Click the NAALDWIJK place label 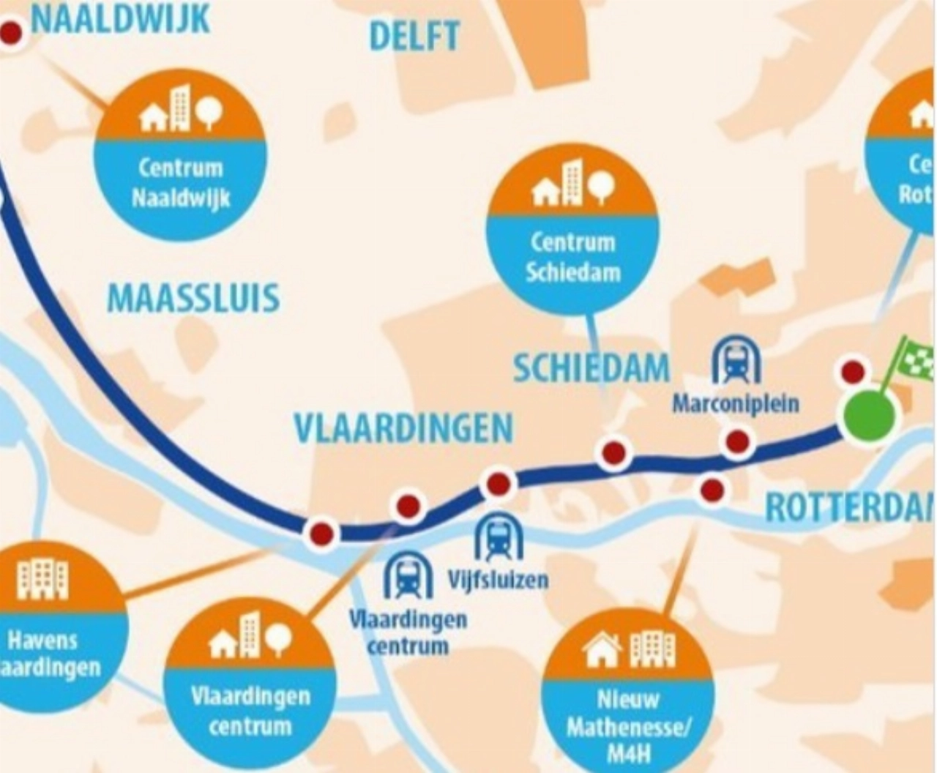(x=120, y=19)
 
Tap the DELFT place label (x=414, y=36)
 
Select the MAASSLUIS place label (x=193, y=299)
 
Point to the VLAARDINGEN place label (x=403, y=427)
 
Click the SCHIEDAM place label (x=591, y=367)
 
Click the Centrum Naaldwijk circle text (x=181, y=183)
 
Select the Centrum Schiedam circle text (x=573, y=257)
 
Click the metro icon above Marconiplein (x=736, y=360)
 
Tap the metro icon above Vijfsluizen (x=499, y=538)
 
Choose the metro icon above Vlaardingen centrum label (x=408, y=575)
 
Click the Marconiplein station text (x=736, y=403)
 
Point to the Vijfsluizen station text (x=498, y=580)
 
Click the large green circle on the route (x=869, y=414)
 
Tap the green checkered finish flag (x=915, y=358)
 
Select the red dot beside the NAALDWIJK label (x=12, y=32)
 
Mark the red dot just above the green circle (x=853, y=372)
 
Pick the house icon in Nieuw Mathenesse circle (x=602, y=650)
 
